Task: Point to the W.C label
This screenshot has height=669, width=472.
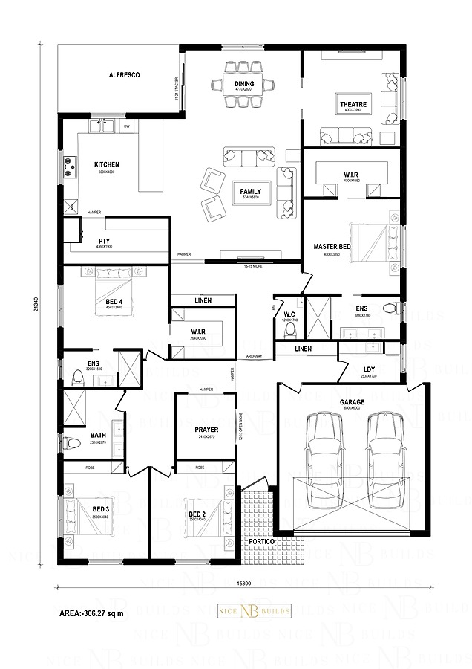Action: [x=290, y=314]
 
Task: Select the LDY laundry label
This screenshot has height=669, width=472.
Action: [x=368, y=369]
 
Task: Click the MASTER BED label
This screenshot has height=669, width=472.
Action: [x=332, y=246]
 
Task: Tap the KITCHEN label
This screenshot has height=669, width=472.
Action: [x=106, y=164]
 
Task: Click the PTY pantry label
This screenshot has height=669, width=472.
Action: [x=104, y=241]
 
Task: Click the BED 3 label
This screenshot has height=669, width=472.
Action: [x=101, y=508]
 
